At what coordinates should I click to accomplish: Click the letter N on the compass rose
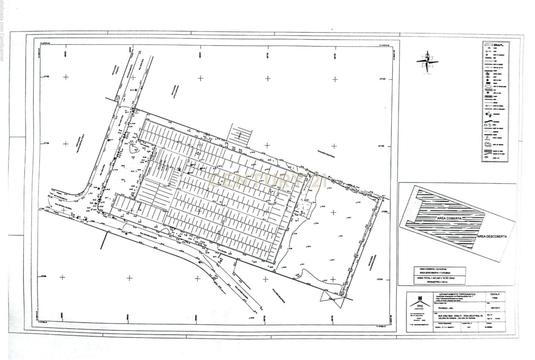tap(427, 56)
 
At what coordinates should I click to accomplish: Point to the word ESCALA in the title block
tap(495, 294)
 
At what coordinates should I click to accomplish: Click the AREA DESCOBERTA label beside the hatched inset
tap(492, 236)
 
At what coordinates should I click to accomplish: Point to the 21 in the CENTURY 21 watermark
tap(319, 180)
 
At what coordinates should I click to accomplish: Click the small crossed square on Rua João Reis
tap(118, 98)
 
